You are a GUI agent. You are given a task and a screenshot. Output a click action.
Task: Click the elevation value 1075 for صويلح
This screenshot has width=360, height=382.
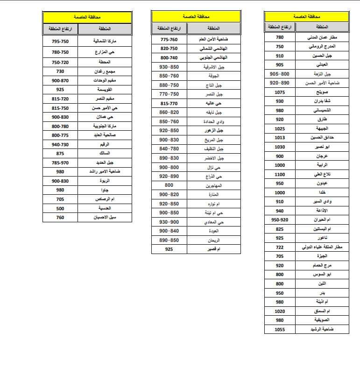(x=280, y=92)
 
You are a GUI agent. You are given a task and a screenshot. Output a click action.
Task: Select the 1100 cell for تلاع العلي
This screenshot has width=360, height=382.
(x=280, y=174)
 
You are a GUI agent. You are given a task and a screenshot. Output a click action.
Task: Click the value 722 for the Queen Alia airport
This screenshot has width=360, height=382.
(x=280, y=247)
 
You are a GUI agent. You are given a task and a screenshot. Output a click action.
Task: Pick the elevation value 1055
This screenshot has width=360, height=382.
(x=280, y=329)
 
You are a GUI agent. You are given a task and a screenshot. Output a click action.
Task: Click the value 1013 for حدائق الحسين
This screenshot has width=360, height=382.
(x=280, y=138)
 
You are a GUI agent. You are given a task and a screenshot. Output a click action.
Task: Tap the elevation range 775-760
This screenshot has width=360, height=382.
(x=169, y=40)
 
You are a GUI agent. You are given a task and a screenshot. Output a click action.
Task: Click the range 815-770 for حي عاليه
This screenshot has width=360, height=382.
(x=169, y=104)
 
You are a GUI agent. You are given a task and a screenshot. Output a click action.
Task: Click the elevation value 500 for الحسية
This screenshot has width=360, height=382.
(x=60, y=208)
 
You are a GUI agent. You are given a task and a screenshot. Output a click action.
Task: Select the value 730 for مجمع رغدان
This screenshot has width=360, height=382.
(x=60, y=71)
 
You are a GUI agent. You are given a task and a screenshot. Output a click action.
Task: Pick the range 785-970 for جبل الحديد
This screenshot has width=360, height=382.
(x=60, y=163)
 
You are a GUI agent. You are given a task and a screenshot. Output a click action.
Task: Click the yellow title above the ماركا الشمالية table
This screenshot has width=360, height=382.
(x=82, y=17)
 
